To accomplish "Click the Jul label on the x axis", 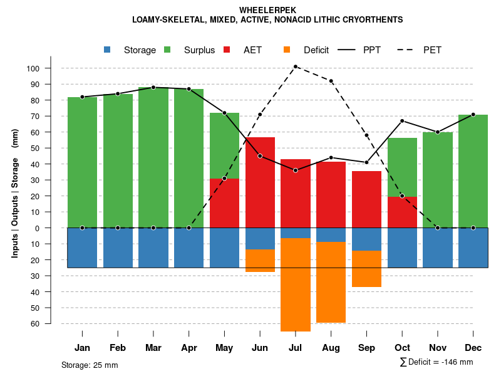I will tap(296, 348).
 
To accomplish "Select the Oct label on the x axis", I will tap(402, 348).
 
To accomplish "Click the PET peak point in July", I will tap(296, 66).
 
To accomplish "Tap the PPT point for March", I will tap(153, 88).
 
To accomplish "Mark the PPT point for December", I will tap(473, 115).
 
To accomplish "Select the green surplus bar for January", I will tap(83, 162).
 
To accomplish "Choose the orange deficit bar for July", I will tap(296, 285).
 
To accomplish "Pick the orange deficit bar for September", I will tap(366, 269).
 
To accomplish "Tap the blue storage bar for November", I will tap(438, 248).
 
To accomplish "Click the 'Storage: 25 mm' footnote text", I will tap(90, 365).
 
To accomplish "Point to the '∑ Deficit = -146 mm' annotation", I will tap(436, 362).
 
